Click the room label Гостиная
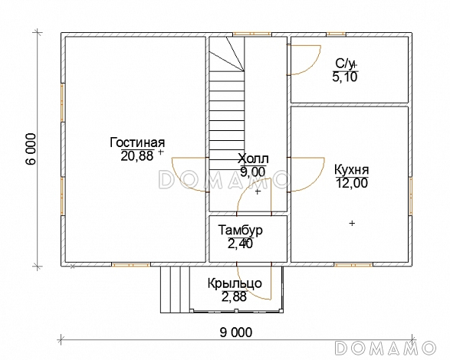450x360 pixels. point(137,143)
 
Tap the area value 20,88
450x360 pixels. point(137,156)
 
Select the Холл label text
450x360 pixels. point(253,159)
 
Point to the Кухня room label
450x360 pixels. point(352,170)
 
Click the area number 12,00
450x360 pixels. point(352,183)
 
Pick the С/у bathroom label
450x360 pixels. point(345,64)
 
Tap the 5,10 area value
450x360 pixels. point(345,77)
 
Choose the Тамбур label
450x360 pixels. point(240,231)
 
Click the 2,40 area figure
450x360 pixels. point(240,244)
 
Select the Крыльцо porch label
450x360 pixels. point(235,283)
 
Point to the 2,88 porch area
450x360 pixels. point(234,296)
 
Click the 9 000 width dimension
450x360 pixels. point(236,332)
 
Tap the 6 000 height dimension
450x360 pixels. point(31,149)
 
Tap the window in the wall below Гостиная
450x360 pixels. point(131,264)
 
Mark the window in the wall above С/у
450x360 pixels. point(336,34)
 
